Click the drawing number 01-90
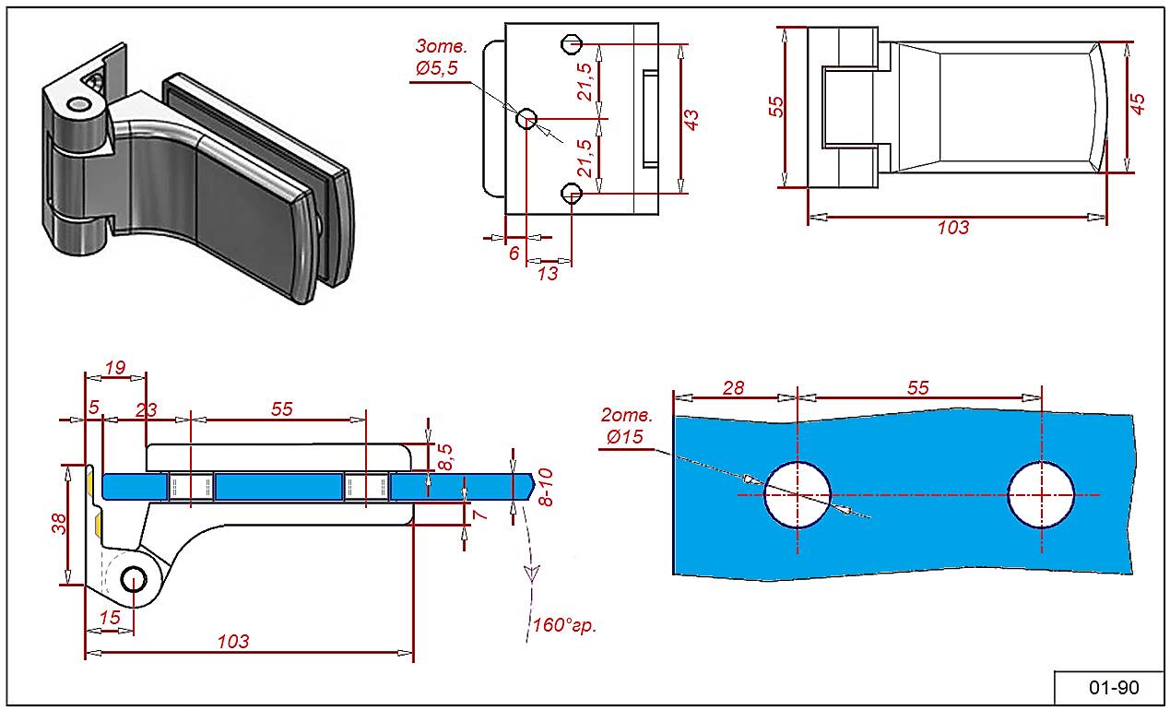click(x=1114, y=688)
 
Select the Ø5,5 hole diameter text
click(x=436, y=67)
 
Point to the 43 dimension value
click(x=691, y=119)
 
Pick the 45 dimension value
click(x=1139, y=104)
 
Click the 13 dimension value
click(x=548, y=274)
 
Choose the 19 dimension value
click(x=115, y=367)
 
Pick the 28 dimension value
click(x=734, y=387)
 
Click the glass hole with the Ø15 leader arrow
click(x=798, y=494)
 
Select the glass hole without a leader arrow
click(x=1041, y=494)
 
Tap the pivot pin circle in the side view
click(x=135, y=580)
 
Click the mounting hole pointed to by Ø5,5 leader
click(x=526, y=119)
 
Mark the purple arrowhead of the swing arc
click(x=530, y=573)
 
